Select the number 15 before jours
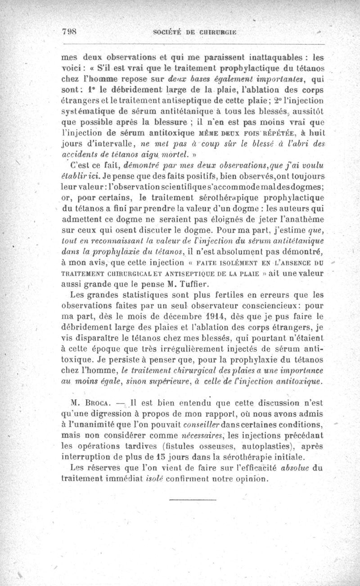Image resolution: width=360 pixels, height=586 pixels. click(204, 457)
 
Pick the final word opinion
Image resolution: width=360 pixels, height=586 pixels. click(248, 478)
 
